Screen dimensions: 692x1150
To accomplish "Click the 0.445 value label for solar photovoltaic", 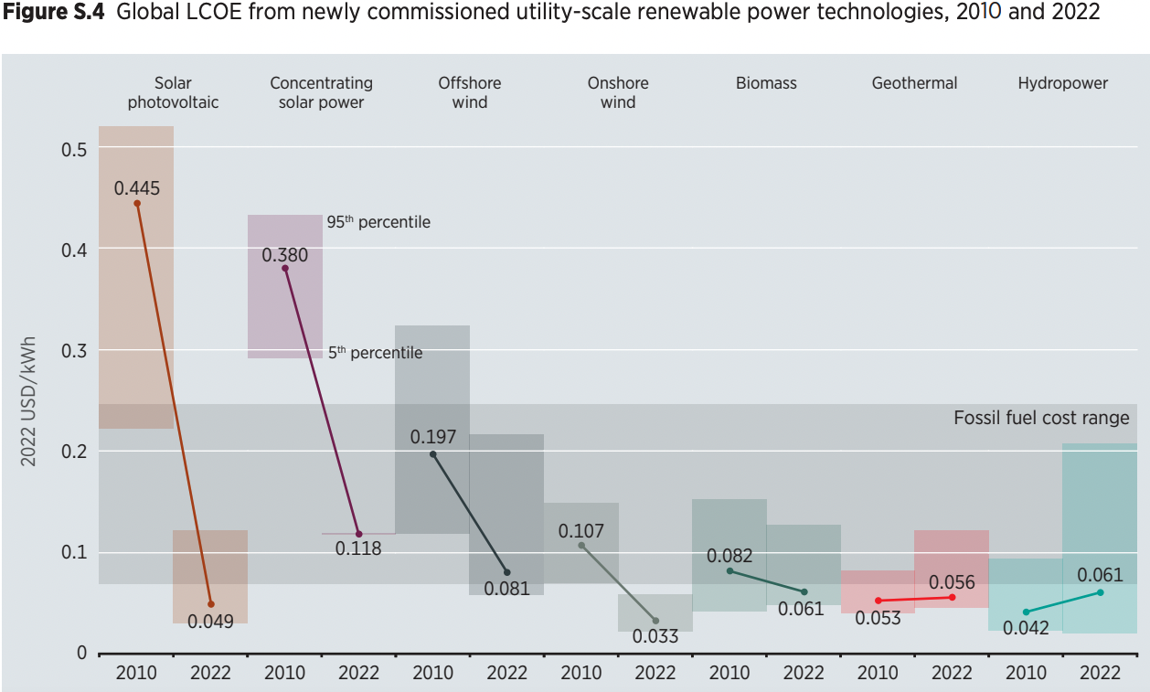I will (137, 188).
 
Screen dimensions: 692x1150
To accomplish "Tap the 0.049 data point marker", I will (211, 604).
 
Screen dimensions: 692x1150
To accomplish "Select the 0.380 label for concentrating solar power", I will (285, 255).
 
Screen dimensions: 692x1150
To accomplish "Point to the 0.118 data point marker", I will (358, 534).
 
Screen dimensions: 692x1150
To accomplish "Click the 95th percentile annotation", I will (378, 222).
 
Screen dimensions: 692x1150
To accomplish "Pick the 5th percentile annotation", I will (376, 352).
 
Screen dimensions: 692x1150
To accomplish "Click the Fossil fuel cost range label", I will (1041, 418).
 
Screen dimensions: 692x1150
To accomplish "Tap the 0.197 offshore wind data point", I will (432, 454).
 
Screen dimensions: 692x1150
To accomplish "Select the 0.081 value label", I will (506, 589).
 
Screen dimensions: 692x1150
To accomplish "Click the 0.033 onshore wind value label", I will (655, 637).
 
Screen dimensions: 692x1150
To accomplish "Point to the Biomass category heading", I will (766, 83).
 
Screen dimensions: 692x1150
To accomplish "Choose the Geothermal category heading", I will (914, 83).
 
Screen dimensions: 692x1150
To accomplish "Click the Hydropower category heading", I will (1062, 83).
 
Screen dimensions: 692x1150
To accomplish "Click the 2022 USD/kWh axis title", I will (29, 400).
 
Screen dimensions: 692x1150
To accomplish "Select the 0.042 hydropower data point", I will (1026, 612).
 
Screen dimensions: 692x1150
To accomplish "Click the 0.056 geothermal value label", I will (952, 582).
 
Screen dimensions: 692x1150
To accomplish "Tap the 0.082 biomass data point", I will (729, 570).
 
